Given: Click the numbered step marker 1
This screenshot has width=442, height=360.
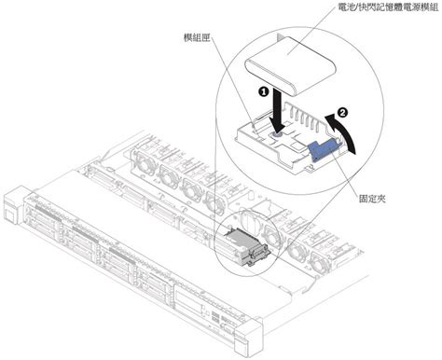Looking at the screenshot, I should point(264,93).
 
